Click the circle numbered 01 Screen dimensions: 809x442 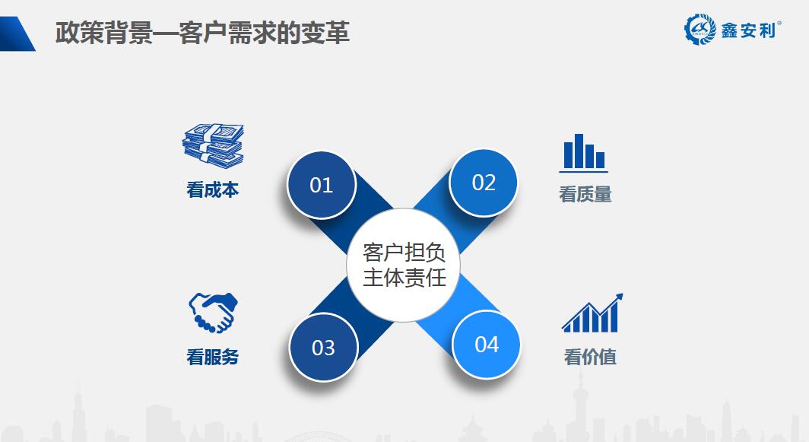click(x=322, y=184)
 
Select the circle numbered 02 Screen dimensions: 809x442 click(x=484, y=183)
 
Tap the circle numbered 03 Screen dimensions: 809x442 click(x=323, y=347)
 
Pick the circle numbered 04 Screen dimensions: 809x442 click(x=487, y=345)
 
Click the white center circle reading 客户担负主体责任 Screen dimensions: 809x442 click(x=404, y=265)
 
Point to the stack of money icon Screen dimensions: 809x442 click(x=213, y=145)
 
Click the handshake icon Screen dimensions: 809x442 click(x=213, y=313)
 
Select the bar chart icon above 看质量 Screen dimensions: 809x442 click(x=583, y=153)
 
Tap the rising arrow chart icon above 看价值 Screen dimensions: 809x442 click(x=592, y=313)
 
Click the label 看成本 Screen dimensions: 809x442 click(x=213, y=189)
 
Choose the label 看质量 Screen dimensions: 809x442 click(x=585, y=194)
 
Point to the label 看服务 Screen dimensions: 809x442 click(x=213, y=356)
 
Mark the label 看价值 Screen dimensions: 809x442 click(x=590, y=356)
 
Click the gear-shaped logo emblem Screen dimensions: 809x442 click(x=700, y=30)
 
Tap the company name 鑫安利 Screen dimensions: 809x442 click(x=749, y=31)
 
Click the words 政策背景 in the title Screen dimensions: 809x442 click(x=104, y=33)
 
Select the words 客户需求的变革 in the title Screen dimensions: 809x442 click(x=264, y=33)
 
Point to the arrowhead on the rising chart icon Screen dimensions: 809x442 click(x=619, y=297)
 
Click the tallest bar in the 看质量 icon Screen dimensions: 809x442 click(x=579, y=151)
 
